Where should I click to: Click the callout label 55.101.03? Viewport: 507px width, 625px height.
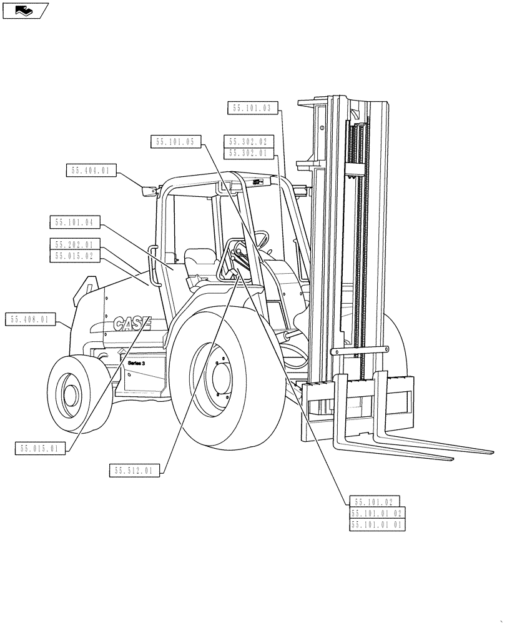pos(251,108)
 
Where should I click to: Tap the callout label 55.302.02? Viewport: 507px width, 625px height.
pos(248,142)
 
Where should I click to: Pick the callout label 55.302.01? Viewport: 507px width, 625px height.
pos(248,152)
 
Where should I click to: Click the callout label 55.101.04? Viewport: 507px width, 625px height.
pos(74,222)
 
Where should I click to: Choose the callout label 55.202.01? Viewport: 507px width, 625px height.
pos(74,244)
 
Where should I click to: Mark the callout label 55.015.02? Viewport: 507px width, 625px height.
pos(74,255)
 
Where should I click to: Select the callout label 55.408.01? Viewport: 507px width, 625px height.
pos(29,320)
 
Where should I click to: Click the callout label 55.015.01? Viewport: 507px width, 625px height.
pos(39,448)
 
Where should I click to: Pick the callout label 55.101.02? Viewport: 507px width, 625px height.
pos(373,501)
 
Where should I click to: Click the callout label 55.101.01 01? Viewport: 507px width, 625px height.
pos(377,525)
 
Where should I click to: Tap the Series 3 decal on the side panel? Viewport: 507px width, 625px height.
pos(136,363)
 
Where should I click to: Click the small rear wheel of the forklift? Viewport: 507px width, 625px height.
pos(70,393)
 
